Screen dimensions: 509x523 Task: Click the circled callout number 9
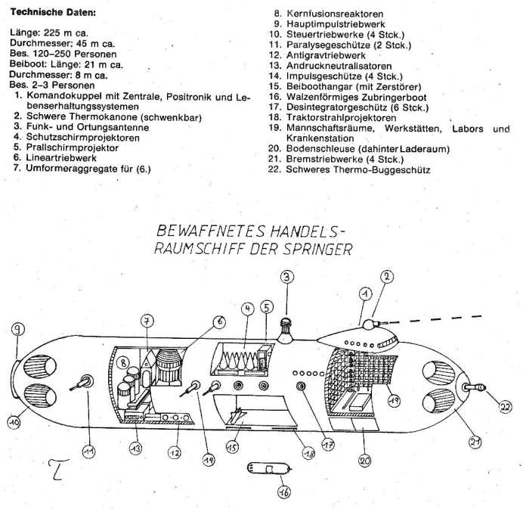(x=17, y=330)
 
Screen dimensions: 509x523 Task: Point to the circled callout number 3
(x=286, y=278)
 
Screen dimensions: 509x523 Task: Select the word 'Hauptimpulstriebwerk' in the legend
(x=336, y=24)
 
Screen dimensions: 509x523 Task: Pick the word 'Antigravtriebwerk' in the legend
(x=326, y=56)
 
